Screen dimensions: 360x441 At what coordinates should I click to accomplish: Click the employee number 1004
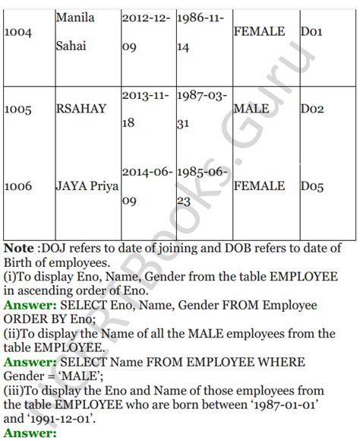click(x=17, y=32)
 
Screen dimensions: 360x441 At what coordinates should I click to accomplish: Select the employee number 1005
click(x=17, y=109)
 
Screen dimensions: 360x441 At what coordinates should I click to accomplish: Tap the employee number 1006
click(x=17, y=186)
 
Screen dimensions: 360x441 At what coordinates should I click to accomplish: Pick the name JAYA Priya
click(x=87, y=186)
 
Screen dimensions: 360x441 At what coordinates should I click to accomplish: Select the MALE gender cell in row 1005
click(x=251, y=109)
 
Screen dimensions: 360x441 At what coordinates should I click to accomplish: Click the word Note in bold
click(x=19, y=249)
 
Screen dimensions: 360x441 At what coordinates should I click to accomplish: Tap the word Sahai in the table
click(x=71, y=46)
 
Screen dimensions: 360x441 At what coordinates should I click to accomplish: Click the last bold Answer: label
click(x=30, y=433)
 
